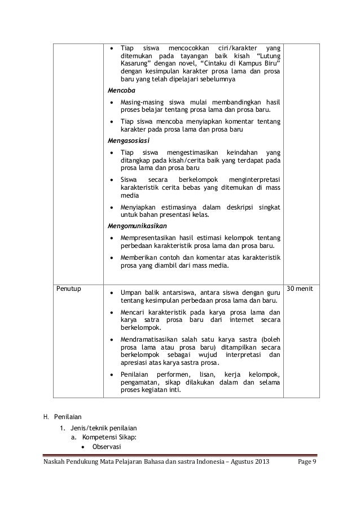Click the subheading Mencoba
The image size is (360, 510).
[x=121, y=90]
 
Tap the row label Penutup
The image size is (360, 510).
[x=69, y=289]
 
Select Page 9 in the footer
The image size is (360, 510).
[x=308, y=463]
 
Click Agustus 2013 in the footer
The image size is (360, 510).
[x=249, y=463]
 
